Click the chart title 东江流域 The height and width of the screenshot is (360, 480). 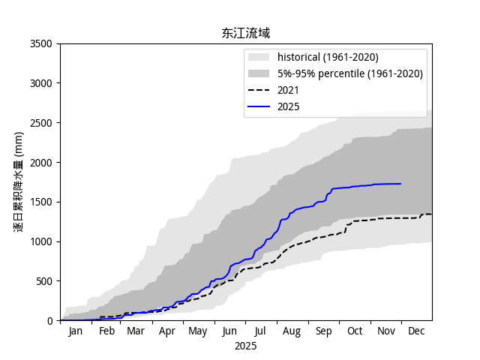tap(245, 33)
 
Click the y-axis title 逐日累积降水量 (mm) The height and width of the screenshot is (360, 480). tap(19, 182)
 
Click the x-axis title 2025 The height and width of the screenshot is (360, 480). tap(245, 346)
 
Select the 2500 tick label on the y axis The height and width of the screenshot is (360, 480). tap(43, 123)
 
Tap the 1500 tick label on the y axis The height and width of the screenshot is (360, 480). tap(43, 202)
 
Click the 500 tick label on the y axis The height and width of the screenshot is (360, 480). tap(46, 281)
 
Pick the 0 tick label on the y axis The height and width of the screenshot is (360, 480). tap(52, 321)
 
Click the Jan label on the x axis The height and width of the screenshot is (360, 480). tap(76, 331)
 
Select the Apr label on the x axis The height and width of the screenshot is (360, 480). tap(167, 331)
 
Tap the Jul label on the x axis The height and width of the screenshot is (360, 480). tap(260, 331)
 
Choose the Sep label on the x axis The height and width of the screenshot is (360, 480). tap(323, 331)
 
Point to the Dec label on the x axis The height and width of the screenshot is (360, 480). tap(416, 331)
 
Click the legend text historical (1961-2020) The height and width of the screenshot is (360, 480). tap(328, 57)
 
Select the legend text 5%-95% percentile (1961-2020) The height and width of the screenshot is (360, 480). tap(349, 73)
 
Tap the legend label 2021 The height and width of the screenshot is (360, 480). tap(288, 90)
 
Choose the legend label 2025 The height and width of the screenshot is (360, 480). tap(288, 106)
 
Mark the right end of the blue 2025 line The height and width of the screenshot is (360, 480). tap(400, 184)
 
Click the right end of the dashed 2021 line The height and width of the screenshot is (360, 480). tap(431, 214)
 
